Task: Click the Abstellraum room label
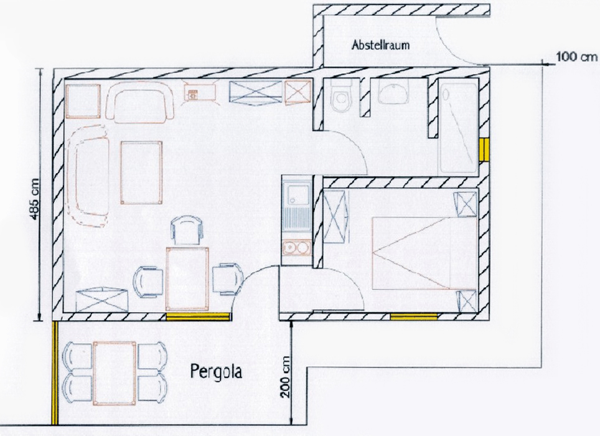[x=380, y=45]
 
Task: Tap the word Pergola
[x=217, y=371]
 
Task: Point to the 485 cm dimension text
[x=35, y=199]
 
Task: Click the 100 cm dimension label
[x=576, y=57]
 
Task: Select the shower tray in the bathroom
[x=458, y=128]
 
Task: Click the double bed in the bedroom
[x=424, y=253]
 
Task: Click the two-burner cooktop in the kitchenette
[x=296, y=248]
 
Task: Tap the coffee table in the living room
[x=141, y=173]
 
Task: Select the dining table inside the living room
[x=187, y=278]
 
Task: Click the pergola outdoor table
[x=115, y=373]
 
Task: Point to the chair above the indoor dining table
[x=187, y=230]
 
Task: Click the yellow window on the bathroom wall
[x=484, y=149]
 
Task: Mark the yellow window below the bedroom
[x=413, y=316]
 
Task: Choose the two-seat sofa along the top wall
[x=139, y=102]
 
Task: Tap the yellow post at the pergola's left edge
[x=55, y=373]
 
